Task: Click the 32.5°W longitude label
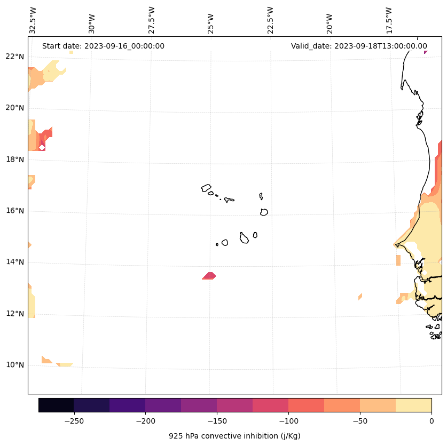point(33,20)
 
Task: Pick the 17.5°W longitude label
point(389,20)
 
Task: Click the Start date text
point(103,46)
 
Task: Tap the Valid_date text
point(359,46)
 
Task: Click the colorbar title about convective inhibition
point(234,436)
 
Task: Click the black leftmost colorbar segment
point(56,405)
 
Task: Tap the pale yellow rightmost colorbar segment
point(413,405)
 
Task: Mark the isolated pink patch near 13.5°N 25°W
point(209,276)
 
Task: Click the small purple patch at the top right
point(426,52)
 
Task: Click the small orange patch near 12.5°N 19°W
point(360,297)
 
